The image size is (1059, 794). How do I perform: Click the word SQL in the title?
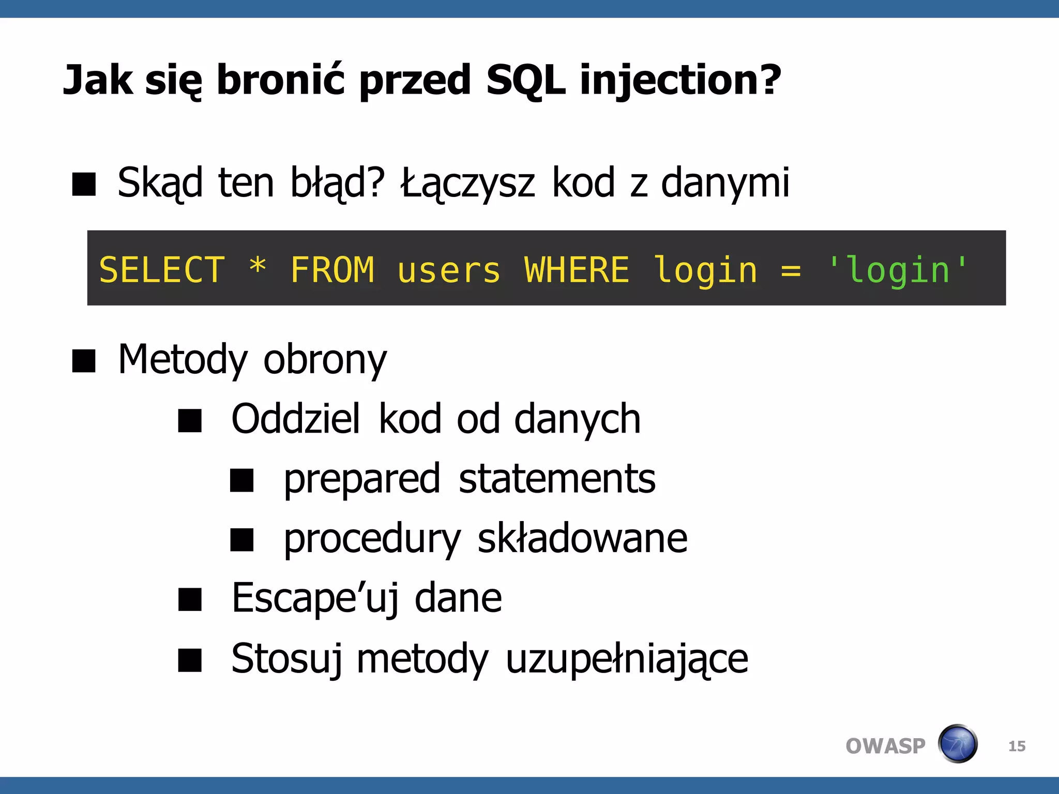525,80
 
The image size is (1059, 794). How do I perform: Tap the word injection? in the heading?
680,80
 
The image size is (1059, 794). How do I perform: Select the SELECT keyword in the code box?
162,270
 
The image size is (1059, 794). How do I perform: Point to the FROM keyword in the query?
332,270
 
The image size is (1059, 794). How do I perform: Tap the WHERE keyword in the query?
577,270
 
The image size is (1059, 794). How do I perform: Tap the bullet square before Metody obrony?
84,361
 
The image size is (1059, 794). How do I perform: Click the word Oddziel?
295,419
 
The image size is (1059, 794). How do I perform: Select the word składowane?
582,539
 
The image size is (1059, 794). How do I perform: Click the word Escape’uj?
315,599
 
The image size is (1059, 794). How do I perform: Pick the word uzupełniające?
627,659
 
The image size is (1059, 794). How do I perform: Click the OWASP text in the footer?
885,746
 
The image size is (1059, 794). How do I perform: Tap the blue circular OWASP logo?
958,744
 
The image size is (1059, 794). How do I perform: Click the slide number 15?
1017,746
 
